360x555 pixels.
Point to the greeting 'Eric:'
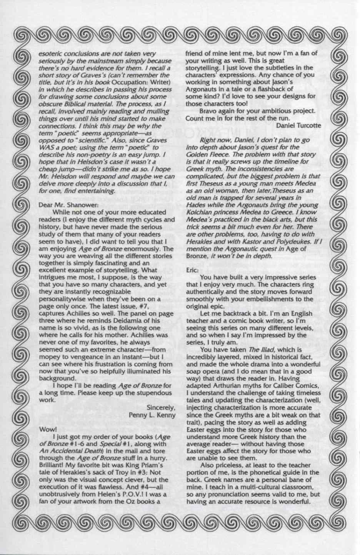[x=193, y=270]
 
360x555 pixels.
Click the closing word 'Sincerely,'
[x=161, y=408]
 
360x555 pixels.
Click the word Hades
[x=195, y=205]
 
